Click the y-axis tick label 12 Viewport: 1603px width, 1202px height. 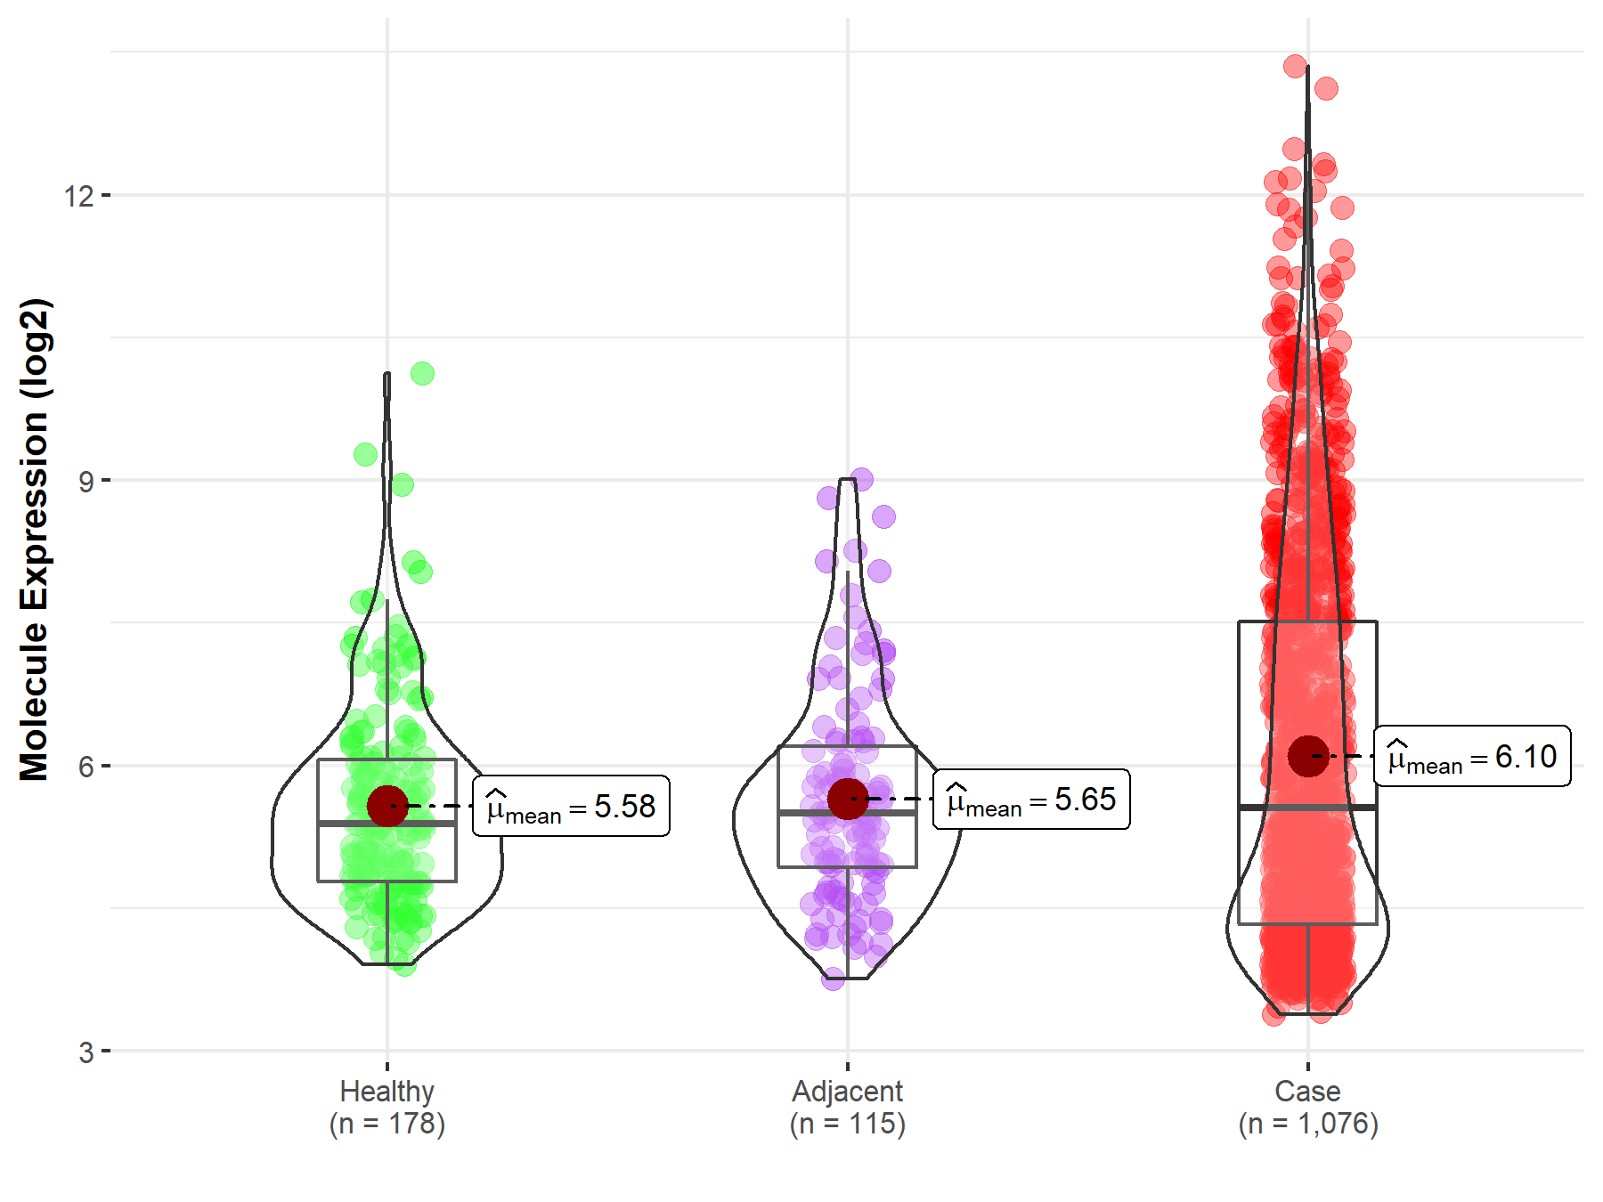point(78,195)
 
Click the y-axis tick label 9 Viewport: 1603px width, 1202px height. point(85,482)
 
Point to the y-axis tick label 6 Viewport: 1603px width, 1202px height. point(85,767)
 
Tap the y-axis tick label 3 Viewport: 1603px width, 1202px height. point(85,1052)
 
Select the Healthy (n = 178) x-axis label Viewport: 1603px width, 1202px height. point(387,1107)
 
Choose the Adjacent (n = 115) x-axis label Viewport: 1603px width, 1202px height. point(847,1107)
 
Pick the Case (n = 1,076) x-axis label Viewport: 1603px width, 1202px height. point(1307,1107)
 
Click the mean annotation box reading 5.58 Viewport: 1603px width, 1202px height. point(571,807)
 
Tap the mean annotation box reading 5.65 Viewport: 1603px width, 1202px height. point(1031,800)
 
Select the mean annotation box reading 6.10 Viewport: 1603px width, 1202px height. point(1472,756)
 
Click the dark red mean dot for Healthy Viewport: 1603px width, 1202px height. point(387,806)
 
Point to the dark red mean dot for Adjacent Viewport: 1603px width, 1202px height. point(847,799)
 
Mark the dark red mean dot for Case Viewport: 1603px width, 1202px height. point(1307,756)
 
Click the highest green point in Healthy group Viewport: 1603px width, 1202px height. point(422,373)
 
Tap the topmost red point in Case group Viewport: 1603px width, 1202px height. point(1295,66)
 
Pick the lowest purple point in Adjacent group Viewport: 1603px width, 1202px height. point(833,979)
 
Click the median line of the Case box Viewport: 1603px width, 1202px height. point(1307,807)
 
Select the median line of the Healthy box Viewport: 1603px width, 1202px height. point(387,824)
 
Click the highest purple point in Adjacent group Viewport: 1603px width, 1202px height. point(861,479)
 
